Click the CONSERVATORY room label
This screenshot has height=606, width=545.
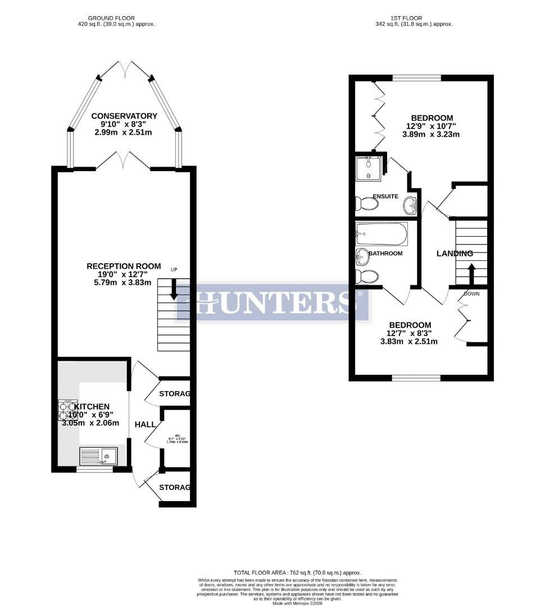pyautogui.click(x=124, y=116)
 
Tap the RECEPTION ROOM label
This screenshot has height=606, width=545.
pyautogui.click(x=124, y=266)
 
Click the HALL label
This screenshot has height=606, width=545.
pyautogui.click(x=145, y=425)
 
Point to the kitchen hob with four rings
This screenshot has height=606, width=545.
pyautogui.click(x=67, y=410)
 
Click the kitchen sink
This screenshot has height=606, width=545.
pyautogui.click(x=98, y=456)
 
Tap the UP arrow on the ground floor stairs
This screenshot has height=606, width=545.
pyautogui.click(x=174, y=288)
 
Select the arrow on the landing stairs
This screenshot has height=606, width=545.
pyautogui.click(x=471, y=274)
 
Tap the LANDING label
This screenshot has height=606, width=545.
pyautogui.click(x=455, y=254)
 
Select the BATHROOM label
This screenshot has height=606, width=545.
pyautogui.click(x=385, y=254)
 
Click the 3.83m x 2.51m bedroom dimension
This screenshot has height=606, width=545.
pyautogui.click(x=409, y=341)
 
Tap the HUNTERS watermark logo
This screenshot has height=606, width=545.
pyautogui.click(x=273, y=302)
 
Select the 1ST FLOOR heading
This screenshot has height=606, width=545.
pyautogui.click(x=413, y=18)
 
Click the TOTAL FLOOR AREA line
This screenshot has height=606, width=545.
pyautogui.click(x=297, y=572)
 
